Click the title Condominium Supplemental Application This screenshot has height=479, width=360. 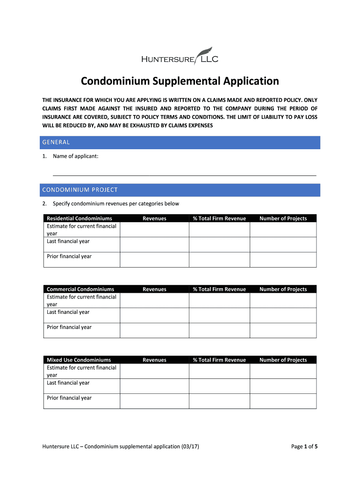click(180, 81)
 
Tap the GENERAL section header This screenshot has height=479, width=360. click(56, 142)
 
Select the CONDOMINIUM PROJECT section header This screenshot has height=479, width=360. click(80, 190)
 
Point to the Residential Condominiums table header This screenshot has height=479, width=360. click(79, 218)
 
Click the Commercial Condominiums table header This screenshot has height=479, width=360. click(80, 289)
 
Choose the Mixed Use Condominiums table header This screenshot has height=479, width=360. click(79, 360)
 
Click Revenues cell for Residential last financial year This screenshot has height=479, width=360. click(154, 244)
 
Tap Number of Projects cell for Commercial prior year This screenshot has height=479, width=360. click(283, 330)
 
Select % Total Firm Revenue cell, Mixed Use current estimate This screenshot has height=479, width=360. click(219, 371)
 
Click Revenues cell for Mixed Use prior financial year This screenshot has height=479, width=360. click(154, 400)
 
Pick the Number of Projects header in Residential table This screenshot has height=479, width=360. click(283, 218)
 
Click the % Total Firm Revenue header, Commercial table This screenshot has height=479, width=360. click(219, 289)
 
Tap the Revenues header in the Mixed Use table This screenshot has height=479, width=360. click(154, 360)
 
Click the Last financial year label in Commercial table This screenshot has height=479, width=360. click(68, 312)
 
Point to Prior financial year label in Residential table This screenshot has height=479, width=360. click(69, 256)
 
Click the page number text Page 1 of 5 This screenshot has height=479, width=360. click(304, 447)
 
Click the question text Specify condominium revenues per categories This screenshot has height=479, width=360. click(116, 203)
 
